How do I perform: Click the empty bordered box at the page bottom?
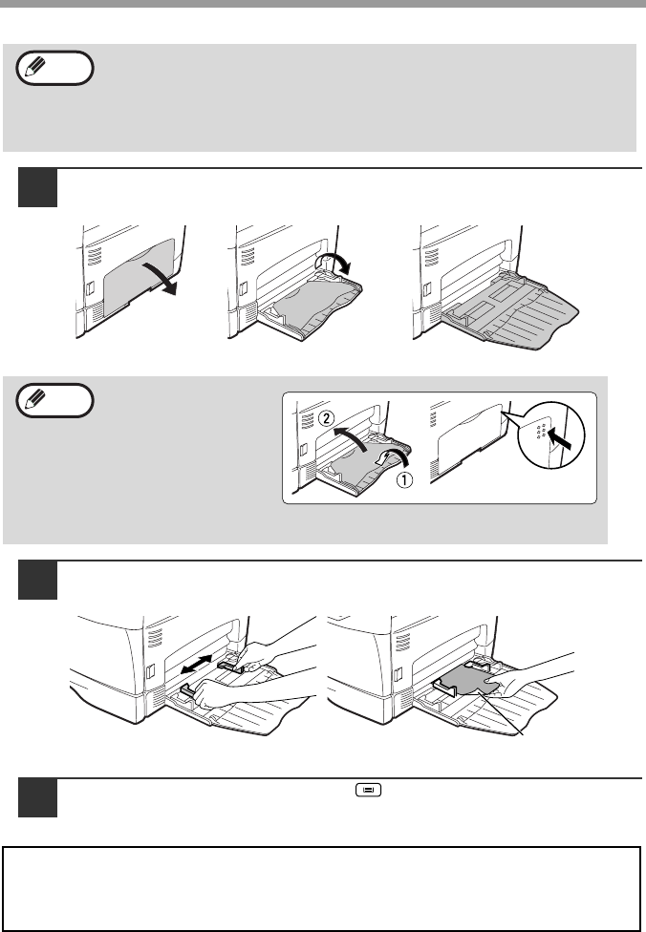(322, 888)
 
